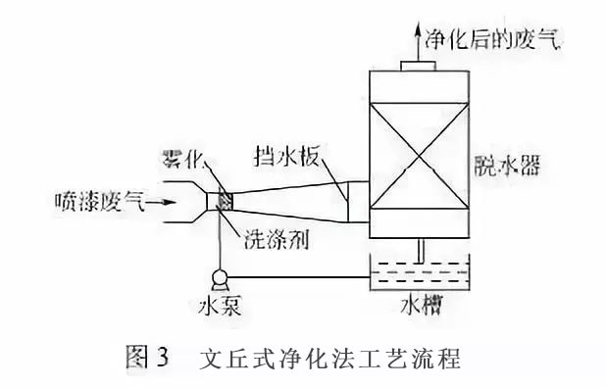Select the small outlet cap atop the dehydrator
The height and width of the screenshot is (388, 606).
coord(418,65)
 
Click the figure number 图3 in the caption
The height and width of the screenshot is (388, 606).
coord(150,357)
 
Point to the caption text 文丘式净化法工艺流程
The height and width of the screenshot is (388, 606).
coord(329,357)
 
